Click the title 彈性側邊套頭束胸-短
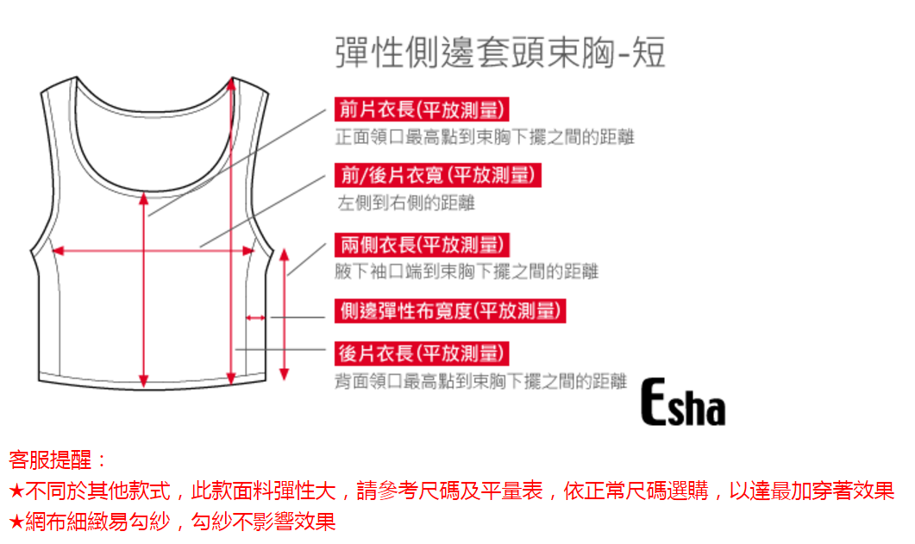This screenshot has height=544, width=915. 499,53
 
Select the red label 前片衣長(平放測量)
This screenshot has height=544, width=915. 419,109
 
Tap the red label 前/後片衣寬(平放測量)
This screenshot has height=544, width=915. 438,175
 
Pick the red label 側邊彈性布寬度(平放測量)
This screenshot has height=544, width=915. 449,310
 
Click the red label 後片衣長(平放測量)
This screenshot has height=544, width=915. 420,353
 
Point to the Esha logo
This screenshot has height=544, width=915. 682,405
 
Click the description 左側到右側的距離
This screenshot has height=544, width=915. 405,203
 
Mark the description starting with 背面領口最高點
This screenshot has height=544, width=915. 480,381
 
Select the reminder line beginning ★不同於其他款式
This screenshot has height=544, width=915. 451,491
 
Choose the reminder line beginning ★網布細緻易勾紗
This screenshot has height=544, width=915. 172,521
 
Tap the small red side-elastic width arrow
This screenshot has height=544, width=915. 255,318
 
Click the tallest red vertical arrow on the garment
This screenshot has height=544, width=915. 231,233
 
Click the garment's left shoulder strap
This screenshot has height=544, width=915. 57,121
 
